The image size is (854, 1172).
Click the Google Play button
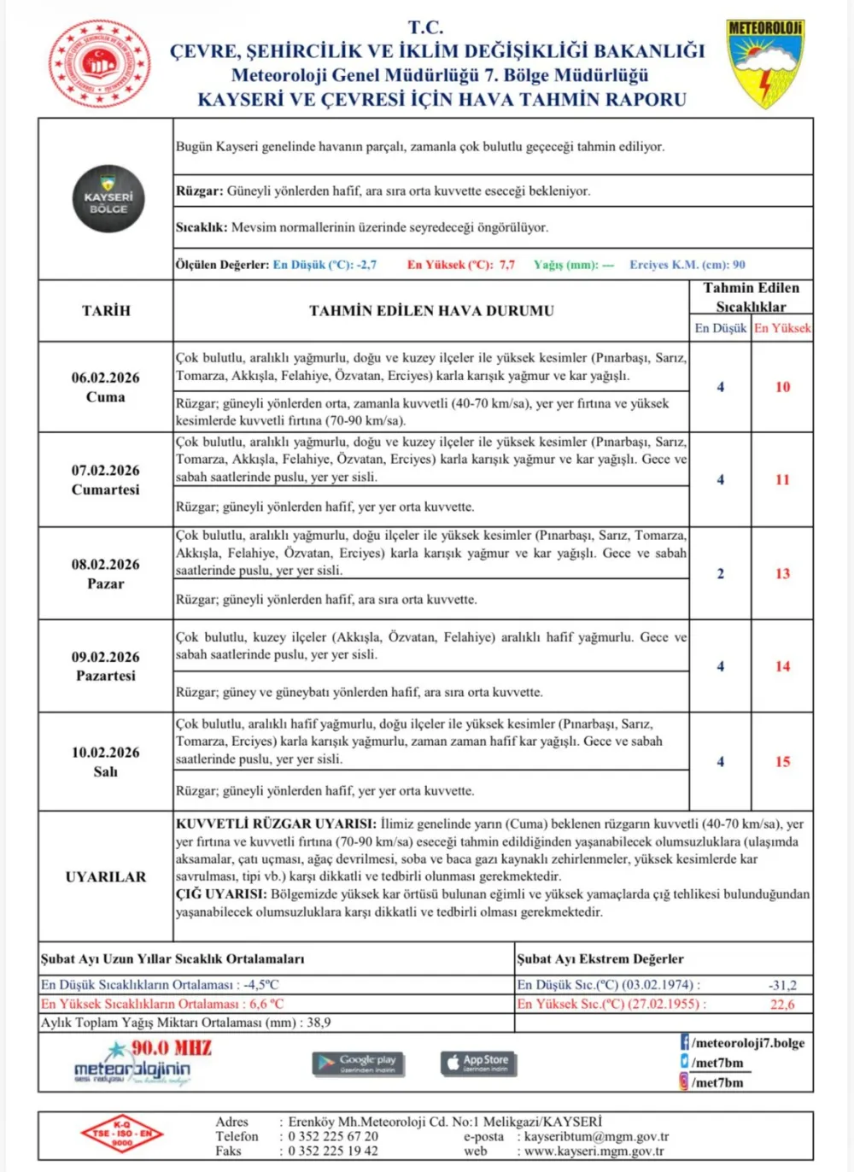pyautogui.click(x=358, y=1063)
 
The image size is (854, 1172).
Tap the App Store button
pyautogui.click(x=478, y=1063)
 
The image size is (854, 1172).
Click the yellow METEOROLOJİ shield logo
pyautogui.click(x=765, y=64)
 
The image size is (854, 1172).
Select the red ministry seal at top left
pyautogui.click(x=100, y=65)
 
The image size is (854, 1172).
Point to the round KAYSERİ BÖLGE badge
pyautogui.click(x=108, y=200)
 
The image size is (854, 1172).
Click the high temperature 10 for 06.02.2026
pyautogui.click(x=782, y=387)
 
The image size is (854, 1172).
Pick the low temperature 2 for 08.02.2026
pyautogui.click(x=720, y=573)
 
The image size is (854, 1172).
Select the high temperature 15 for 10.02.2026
pyautogui.click(x=782, y=761)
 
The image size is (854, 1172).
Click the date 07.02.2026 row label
pyautogui.click(x=105, y=479)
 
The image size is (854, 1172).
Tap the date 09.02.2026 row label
pyautogui.click(x=105, y=665)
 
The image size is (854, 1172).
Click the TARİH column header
pyautogui.click(x=106, y=311)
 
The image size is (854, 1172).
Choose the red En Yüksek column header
pyautogui.click(x=782, y=328)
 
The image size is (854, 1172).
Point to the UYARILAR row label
pyautogui.click(x=106, y=876)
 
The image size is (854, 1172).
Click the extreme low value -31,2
pyautogui.click(x=782, y=985)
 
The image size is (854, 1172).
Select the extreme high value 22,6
pyautogui.click(x=782, y=1005)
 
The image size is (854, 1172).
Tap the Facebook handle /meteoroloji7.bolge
pyautogui.click(x=747, y=1043)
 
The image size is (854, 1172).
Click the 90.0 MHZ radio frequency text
pyautogui.click(x=171, y=1048)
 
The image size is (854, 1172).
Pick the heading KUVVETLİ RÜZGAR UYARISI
pyautogui.click(x=276, y=824)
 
